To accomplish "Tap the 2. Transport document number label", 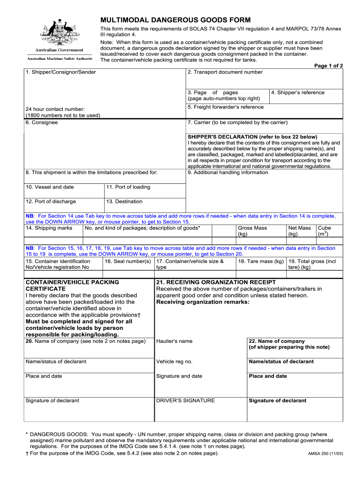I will click(225, 72).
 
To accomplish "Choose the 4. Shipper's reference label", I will click(298, 93).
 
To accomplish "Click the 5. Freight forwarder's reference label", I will click(225, 107).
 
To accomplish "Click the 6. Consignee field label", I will click(42, 123).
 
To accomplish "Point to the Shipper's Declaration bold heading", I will click(252, 137).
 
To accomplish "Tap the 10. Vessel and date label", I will click(50, 187).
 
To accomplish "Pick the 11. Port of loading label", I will click(128, 187).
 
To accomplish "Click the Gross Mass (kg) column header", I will click(252, 231).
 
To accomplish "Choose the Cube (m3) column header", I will click(324, 231).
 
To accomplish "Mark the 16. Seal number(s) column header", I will click(128, 261).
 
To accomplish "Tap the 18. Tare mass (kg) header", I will click(261, 261).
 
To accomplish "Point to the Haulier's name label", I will click(174, 341).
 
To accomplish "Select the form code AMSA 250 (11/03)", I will click(325, 454).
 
